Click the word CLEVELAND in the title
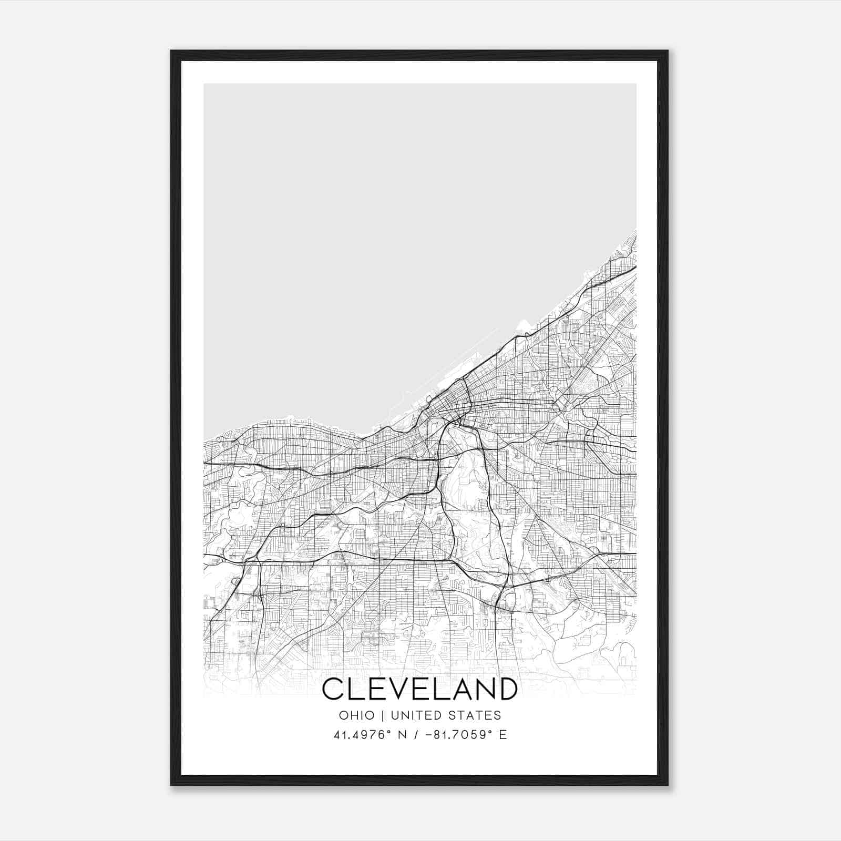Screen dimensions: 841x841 (x=419, y=689)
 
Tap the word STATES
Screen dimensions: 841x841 (x=477, y=715)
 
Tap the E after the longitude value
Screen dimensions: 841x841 (x=502, y=735)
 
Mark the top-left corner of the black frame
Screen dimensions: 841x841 (x=171, y=51)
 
